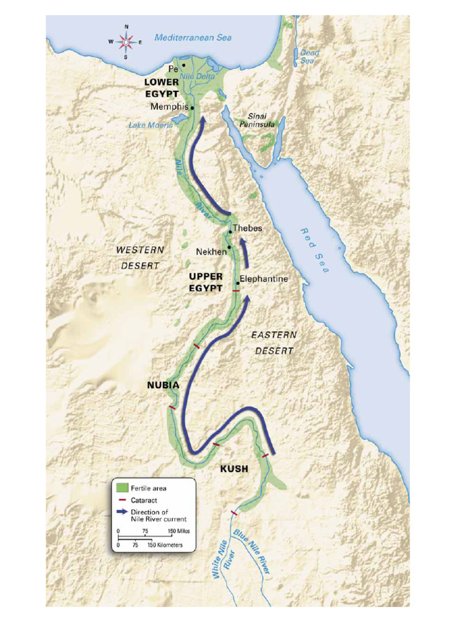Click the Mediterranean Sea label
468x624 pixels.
coord(193,38)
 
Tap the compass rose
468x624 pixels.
coord(126,42)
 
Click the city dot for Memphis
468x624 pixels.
coord(193,108)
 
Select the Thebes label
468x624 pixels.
coord(247,228)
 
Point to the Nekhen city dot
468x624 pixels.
coord(229,247)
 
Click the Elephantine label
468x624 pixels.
coord(264,278)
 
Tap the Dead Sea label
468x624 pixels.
coord(309,57)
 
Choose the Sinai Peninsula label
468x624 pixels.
coord(261,120)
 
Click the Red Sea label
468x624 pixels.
coord(314,250)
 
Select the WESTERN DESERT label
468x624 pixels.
coord(140,258)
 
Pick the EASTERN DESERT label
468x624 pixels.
coord(274,342)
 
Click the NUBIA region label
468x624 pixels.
coord(163,385)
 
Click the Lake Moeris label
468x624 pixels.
coord(151,125)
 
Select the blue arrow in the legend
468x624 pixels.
coord(122,512)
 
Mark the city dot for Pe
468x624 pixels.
coord(183,65)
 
